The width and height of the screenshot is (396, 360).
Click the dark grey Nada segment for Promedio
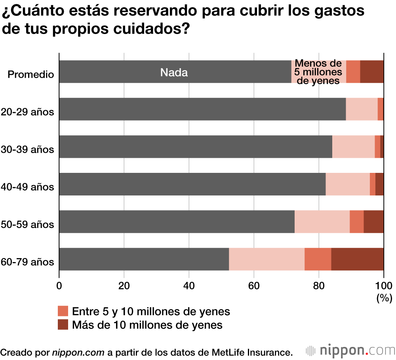pos(119,72)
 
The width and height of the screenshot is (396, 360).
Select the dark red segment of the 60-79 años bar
pos(357,259)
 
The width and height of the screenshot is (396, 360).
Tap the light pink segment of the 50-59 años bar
pos(322,222)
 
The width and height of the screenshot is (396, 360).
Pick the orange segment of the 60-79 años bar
pos(318,259)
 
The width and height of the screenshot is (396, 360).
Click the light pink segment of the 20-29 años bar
pos(362,109)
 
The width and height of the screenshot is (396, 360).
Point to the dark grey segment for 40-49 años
pos(192,184)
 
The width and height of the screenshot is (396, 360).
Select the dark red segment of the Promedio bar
pos(372,72)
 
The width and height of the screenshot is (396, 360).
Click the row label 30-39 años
pos(27,150)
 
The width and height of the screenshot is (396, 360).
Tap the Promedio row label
pos(31,75)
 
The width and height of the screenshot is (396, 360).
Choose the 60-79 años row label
pos(27,262)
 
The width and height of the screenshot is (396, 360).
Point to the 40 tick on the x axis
pos(189,285)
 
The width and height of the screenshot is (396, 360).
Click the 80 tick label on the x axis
pos(319,285)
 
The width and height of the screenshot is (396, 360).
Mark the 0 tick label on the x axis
pos(59,285)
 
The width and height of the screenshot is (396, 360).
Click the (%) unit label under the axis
pos(384,297)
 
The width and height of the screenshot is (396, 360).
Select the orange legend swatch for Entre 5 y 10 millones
pos(63,311)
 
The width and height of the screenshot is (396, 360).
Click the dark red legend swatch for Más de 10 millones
pos(63,325)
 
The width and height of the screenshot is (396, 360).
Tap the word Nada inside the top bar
pos(174,73)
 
